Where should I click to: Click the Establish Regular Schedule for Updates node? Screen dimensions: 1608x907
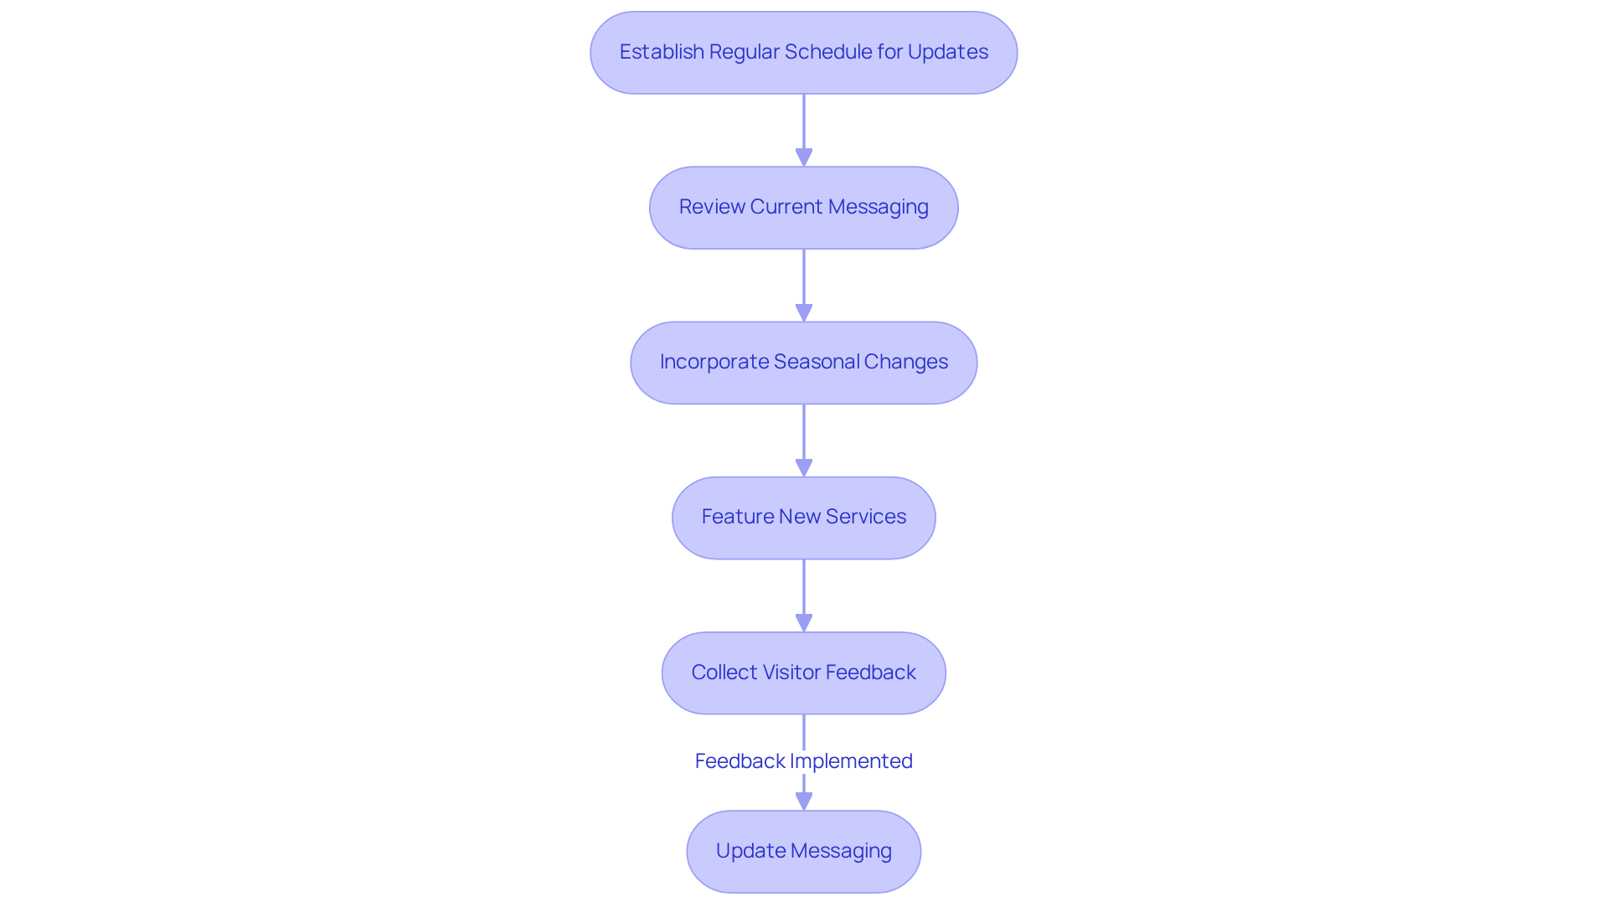tap(804, 53)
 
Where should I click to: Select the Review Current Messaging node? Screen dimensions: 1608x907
tap(804, 208)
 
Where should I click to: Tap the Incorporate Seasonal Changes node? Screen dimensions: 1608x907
tap(804, 363)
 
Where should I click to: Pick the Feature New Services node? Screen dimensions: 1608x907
tap(804, 518)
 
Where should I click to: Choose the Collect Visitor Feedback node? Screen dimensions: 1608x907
tap(804, 673)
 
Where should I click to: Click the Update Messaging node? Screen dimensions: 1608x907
tap(804, 851)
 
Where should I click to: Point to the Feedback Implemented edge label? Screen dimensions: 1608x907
tap(804, 760)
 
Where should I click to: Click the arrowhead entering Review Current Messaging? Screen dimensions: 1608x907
tap(804, 157)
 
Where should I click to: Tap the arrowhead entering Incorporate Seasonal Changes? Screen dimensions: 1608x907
tap(804, 312)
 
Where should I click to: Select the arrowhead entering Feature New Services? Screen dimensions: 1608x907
tap(804, 468)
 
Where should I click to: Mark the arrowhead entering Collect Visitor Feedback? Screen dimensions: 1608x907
tap(804, 623)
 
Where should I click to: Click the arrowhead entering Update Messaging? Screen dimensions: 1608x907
tap(804, 801)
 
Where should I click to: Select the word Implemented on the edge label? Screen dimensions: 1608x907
tap(851, 761)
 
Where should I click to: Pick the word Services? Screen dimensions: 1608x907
tap(866, 516)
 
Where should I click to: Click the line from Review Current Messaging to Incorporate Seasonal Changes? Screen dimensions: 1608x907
tap(804, 276)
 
